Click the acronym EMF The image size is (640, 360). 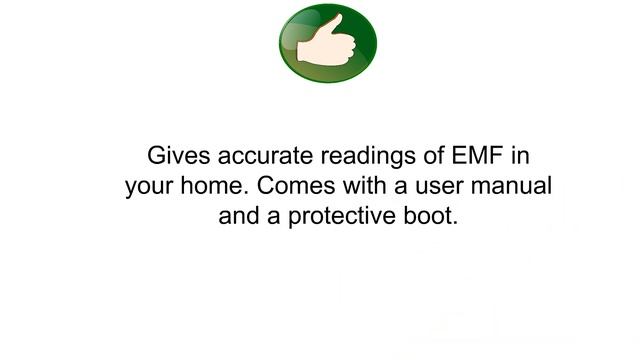479,157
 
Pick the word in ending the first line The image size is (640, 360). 520,157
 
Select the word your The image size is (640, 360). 150,187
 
